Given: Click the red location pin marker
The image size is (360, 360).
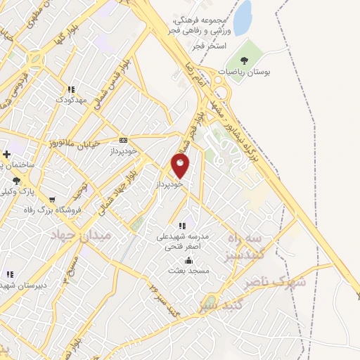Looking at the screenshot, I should pyautogui.click(x=180, y=165).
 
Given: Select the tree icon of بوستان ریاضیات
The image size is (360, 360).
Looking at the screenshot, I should pyautogui.click(x=244, y=61).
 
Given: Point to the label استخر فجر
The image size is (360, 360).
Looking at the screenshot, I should pyautogui.click(x=210, y=46).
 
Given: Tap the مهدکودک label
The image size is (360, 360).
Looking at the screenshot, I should pyautogui.click(x=71, y=99).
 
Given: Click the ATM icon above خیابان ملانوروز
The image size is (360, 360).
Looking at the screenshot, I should pyautogui.click(x=124, y=140).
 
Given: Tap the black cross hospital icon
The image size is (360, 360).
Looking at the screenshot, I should pyautogui.click(x=7, y=154).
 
